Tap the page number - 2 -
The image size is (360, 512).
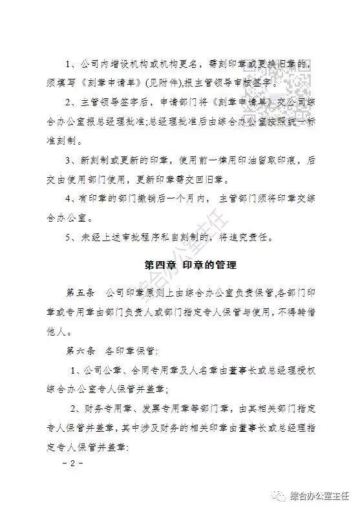coord(72,464)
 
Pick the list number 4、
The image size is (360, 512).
coord(72,199)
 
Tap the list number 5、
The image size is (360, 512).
coord(72,237)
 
